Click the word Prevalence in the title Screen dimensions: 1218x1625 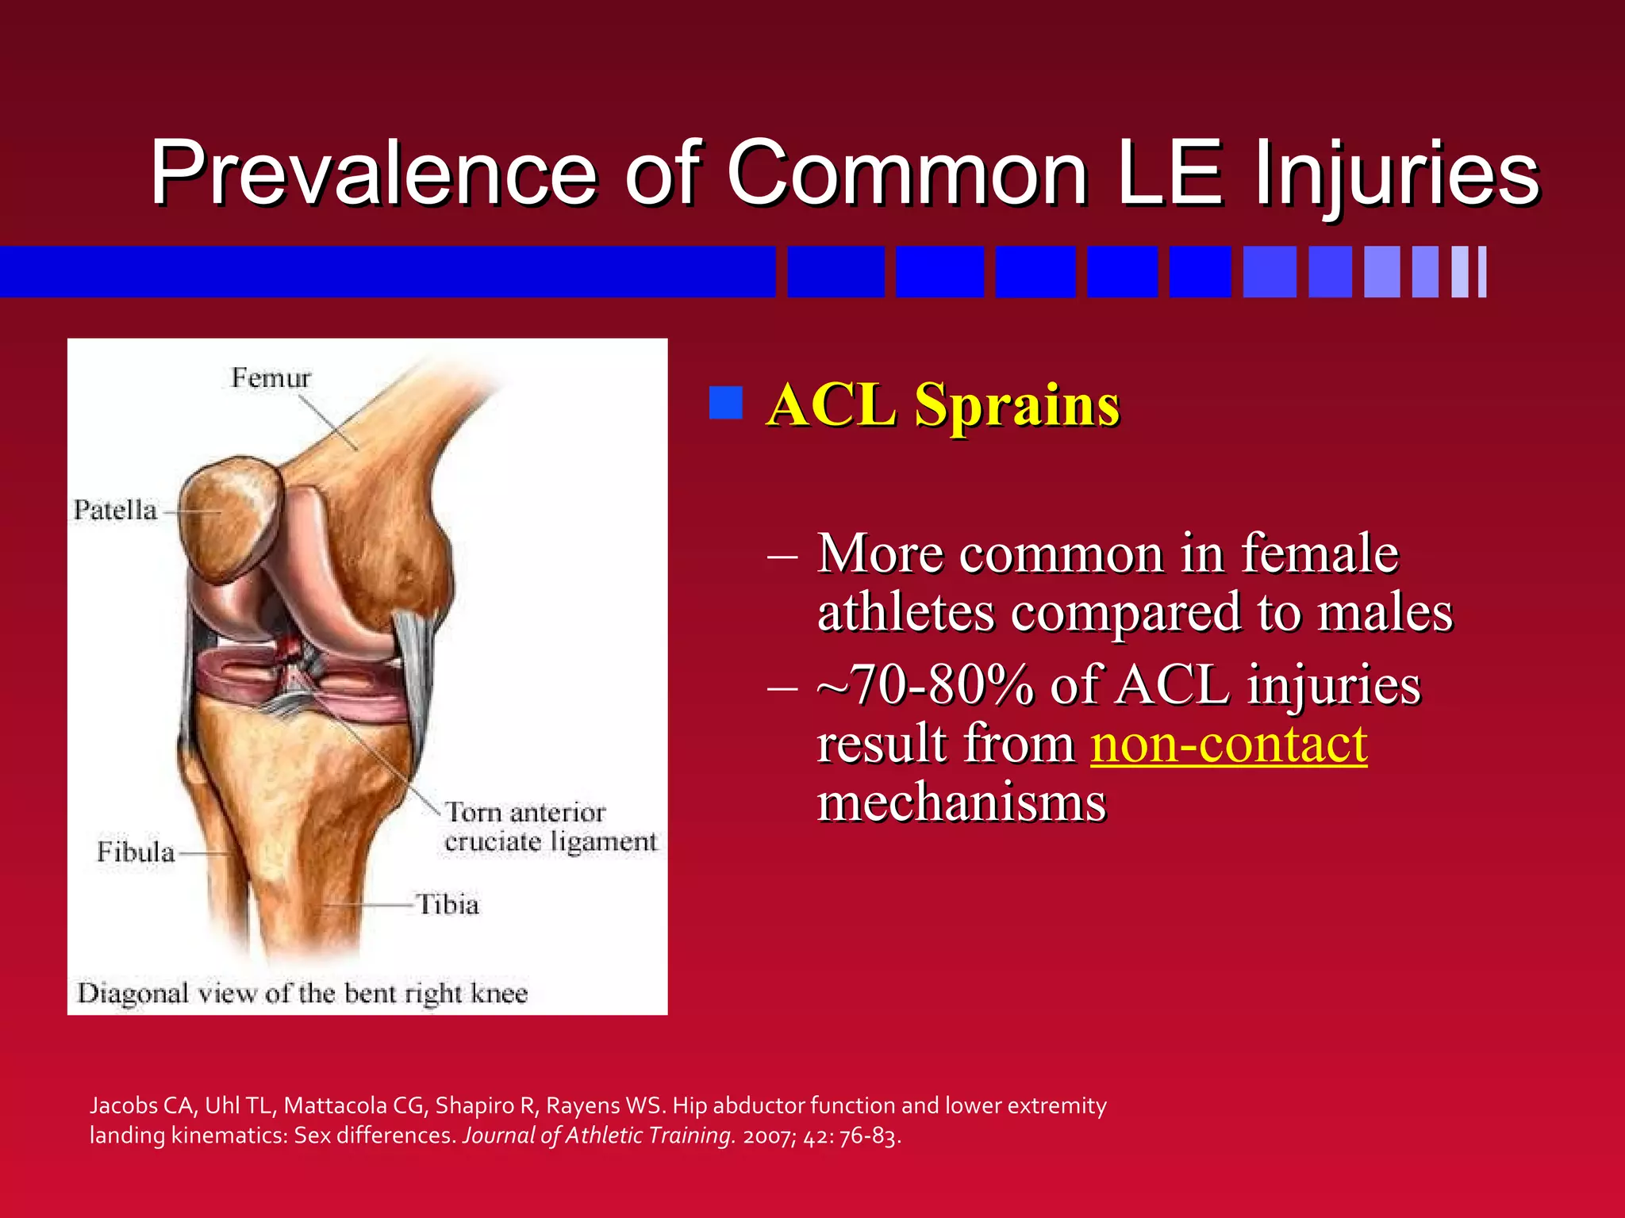(373, 173)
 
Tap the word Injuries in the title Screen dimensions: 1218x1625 (1396, 173)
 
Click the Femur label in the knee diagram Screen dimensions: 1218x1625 (271, 377)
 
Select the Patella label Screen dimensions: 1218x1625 (116, 510)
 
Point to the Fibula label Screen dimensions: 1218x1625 (136, 852)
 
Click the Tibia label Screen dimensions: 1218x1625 (448, 905)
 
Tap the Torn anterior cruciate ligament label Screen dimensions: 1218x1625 (549, 827)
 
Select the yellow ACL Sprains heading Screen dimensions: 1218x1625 (943, 405)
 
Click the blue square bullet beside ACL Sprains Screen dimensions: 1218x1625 (725, 403)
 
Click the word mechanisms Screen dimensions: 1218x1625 (962, 802)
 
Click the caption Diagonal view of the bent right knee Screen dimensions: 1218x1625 (302, 994)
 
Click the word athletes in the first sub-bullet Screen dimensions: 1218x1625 (905, 613)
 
